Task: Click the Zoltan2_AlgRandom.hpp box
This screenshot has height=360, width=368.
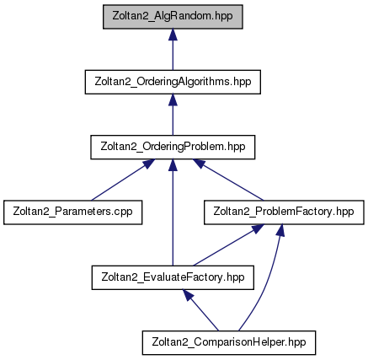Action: [173, 17]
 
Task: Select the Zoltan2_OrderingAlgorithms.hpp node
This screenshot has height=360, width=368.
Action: [173, 82]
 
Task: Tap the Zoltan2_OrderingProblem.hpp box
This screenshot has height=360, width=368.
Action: [173, 147]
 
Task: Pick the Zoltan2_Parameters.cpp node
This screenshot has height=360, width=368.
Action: [72, 212]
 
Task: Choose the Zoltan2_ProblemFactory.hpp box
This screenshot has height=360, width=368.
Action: [284, 212]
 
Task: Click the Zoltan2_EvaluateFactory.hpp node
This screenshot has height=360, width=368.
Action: [173, 277]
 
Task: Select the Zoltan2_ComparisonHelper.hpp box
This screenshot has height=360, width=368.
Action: [229, 342]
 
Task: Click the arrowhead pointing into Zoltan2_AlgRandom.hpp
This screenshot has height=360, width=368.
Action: [173, 35]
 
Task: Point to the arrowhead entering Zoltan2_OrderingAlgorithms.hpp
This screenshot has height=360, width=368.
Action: [173, 99]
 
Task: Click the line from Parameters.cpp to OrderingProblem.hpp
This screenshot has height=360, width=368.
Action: [118, 183]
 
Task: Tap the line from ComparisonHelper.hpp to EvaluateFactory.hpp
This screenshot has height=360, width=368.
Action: [200, 310]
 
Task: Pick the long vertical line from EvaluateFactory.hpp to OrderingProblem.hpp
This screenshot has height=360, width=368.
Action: [173, 212]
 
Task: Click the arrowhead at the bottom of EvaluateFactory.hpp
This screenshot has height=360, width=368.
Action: [188, 295]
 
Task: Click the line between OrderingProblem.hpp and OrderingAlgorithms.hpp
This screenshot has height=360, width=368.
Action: [173, 115]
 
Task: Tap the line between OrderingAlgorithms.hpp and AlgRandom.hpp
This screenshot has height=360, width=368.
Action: [173, 49]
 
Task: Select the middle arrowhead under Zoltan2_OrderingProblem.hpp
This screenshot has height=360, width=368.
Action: [173, 165]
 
